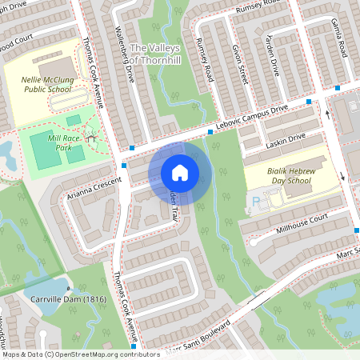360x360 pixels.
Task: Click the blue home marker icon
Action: click(x=180, y=172)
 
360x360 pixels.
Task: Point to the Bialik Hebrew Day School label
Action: click(x=276, y=175)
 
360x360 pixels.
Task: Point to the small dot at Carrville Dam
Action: click(x=68, y=289)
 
